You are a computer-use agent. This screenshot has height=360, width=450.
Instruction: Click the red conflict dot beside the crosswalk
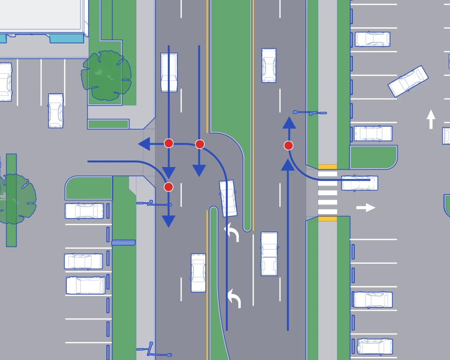[x=288, y=145]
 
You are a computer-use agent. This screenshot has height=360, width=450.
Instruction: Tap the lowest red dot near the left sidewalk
[x=169, y=187]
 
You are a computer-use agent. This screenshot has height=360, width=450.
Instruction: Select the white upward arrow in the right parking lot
[x=431, y=119]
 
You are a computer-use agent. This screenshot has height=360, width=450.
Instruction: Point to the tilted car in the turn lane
[x=228, y=198]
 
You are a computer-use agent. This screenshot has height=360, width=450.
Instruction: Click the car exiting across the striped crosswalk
[x=359, y=183]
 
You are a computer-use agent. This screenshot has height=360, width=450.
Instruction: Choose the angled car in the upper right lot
[x=408, y=81]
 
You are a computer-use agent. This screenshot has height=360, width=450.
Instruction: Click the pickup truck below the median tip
[x=269, y=254]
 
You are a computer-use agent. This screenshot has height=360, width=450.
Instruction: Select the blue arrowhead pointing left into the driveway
[x=143, y=143]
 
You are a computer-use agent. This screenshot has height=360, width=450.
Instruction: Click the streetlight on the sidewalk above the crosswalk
[x=309, y=113]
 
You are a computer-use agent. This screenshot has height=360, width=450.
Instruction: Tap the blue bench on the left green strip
[x=123, y=243]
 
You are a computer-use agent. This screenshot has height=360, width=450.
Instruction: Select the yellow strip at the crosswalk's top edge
[x=327, y=167]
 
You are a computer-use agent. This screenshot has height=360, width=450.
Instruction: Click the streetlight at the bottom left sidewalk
[x=152, y=350]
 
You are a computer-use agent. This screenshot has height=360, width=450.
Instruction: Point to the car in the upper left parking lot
[x=56, y=110]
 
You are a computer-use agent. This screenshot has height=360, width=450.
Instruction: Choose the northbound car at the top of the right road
[x=269, y=65]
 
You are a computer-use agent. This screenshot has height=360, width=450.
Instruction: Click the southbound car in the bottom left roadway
[x=198, y=273]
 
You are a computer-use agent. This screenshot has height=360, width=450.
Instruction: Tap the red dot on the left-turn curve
[x=200, y=144]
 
